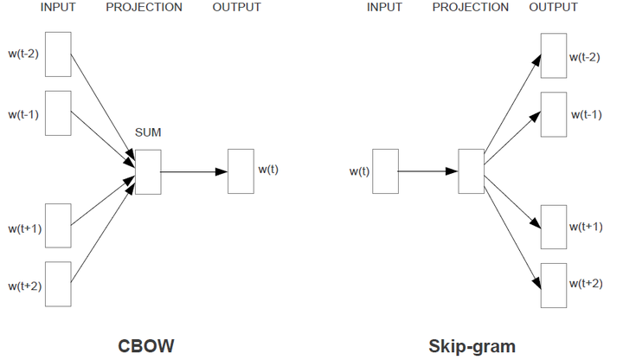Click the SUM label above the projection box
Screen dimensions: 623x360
coord(148,132)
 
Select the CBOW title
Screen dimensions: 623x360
coord(146,346)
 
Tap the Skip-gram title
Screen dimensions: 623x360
coord(472,346)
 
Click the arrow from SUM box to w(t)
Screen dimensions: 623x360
coord(195,171)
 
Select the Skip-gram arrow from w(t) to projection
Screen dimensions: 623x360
coord(428,171)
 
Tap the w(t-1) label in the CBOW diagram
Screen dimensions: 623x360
coord(23,114)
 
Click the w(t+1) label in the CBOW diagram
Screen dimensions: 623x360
coord(24,228)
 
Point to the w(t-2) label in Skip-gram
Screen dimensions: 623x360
coord(584,57)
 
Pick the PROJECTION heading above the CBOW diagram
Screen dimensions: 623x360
coord(144,7)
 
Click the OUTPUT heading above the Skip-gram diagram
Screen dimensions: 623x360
coord(553,7)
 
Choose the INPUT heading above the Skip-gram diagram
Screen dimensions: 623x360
coord(384,7)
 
